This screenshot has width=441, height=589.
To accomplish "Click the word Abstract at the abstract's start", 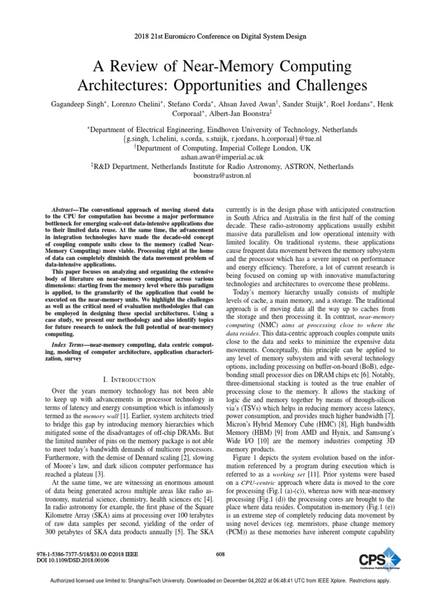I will coord(61,211).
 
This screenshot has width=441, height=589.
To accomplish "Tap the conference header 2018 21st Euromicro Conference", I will coord(220,36).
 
